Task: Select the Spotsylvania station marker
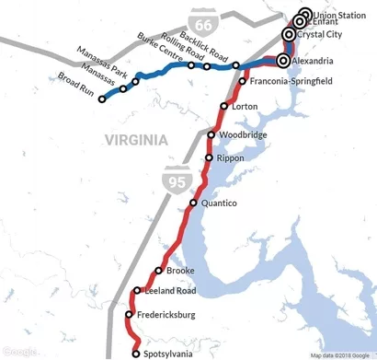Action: pyautogui.click(x=137, y=353)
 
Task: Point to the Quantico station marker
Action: pyautogui.click(x=193, y=203)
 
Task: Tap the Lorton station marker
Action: pyautogui.click(x=225, y=107)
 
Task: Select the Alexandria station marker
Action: pyautogui.click(x=282, y=61)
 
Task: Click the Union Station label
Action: pyautogui.click(x=338, y=15)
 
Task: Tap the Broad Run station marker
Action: pyautogui.click(x=103, y=99)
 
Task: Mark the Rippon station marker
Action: pyautogui.click(x=210, y=157)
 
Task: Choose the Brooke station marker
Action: pyautogui.click(x=159, y=271)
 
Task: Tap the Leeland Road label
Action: pyautogui.click(x=170, y=292)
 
